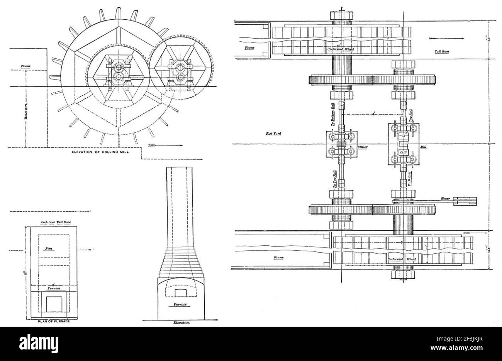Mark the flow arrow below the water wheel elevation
pyautogui.click(x=164, y=145)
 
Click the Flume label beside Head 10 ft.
pyautogui.click(x=26, y=66)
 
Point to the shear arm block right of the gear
pyautogui.click(x=465, y=201)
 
